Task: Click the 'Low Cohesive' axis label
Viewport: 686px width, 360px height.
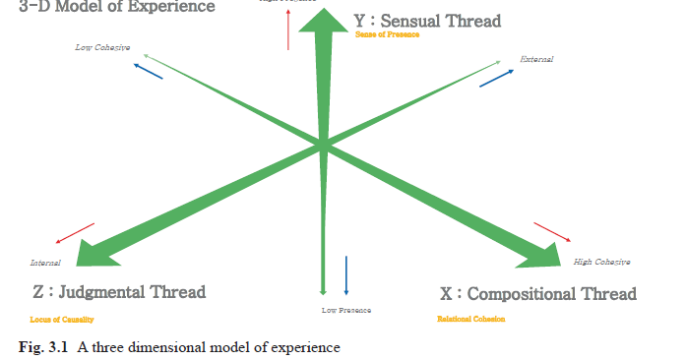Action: [x=102, y=47]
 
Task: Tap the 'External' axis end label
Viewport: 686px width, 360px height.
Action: [x=536, y=60]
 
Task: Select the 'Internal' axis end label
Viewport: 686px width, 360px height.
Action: [x=45, y=263]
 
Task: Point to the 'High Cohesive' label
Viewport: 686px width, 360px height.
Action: [x=601, y=262]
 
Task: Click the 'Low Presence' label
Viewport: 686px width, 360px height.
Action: [x=345, y=310]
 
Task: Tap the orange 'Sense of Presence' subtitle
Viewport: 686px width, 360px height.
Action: [x=387, y=34]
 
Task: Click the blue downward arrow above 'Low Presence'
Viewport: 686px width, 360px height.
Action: [x=346, y=274]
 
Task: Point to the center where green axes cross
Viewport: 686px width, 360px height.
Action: [x=322, y=146]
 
